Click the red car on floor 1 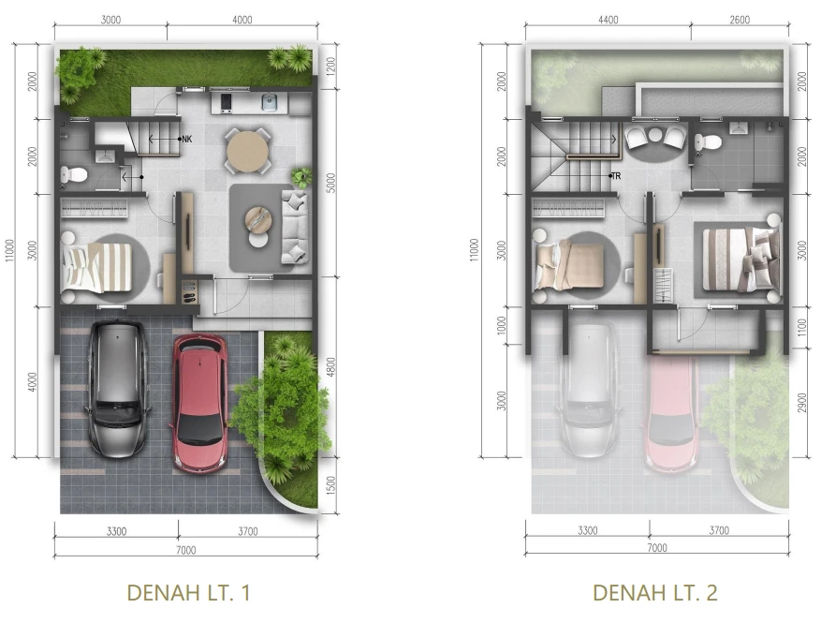coord(198,403)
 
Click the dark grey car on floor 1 coord(117,388)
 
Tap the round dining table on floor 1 coord(247,151)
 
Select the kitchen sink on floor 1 coord(270,101)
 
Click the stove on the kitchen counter coord(226,102)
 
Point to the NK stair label coord(186,140)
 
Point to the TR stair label coord(616,175)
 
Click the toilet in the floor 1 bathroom coord(74,175)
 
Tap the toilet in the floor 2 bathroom coord(708,142)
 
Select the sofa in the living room coord(295,228)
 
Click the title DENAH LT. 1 coord(189,593)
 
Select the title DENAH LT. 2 coord(655,593)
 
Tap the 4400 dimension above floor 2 coord(609,20)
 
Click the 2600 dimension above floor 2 coord(740,20)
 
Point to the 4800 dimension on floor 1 coord(330,367)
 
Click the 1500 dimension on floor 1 coord(330,485)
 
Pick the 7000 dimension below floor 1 coord(186,550)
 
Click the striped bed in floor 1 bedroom coord(96,268)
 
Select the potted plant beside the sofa coord(301,178)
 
